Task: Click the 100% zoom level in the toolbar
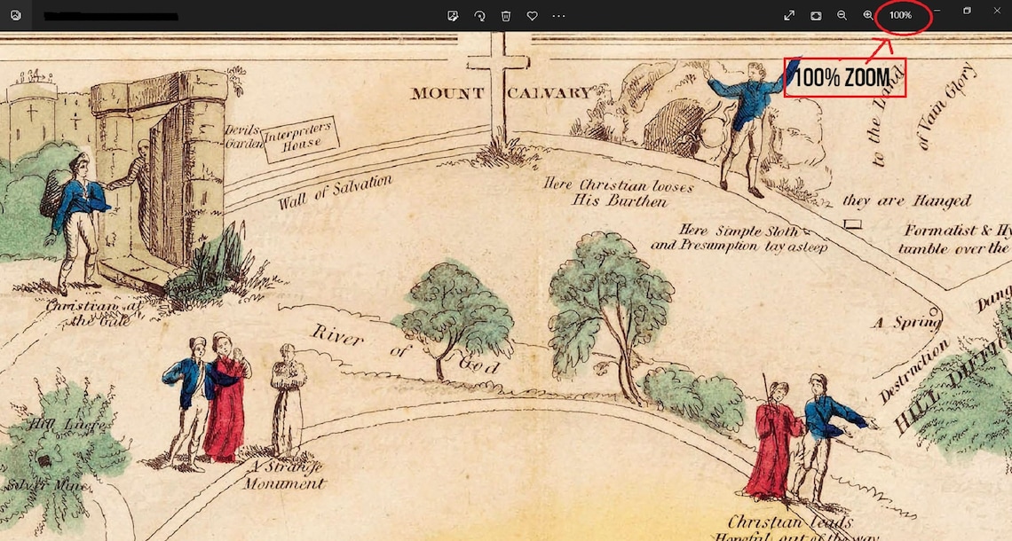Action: click(900, 15)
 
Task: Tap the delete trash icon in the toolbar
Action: click(506, 15)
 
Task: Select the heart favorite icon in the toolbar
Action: click(532, 15)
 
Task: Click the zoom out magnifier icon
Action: click(842, 15)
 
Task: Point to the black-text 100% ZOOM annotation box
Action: click(844, 78)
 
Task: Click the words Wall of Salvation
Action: click(335, 192)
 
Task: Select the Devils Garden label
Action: click(241, 136)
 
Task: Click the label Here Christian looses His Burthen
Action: click(619, 192)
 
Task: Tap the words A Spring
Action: click(905, 323)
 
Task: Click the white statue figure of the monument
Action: click(288, 399)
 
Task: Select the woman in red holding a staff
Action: click(769, 443)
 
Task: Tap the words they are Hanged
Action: click(906, 201)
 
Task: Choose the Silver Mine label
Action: click(34, 485)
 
